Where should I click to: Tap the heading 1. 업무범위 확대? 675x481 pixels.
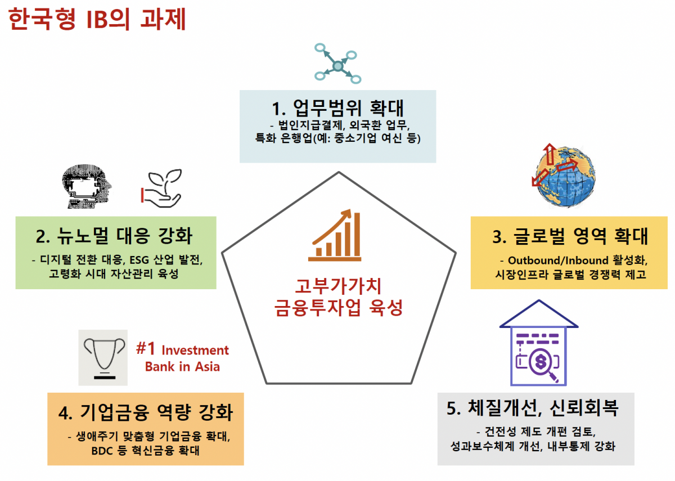[337, 106]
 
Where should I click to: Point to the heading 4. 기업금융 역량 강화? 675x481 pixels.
[145, 413]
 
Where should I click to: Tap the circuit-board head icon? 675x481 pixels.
[87, 185]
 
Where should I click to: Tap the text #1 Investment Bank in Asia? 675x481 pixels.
[183, 358]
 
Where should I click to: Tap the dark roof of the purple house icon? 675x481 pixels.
[539, 318]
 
